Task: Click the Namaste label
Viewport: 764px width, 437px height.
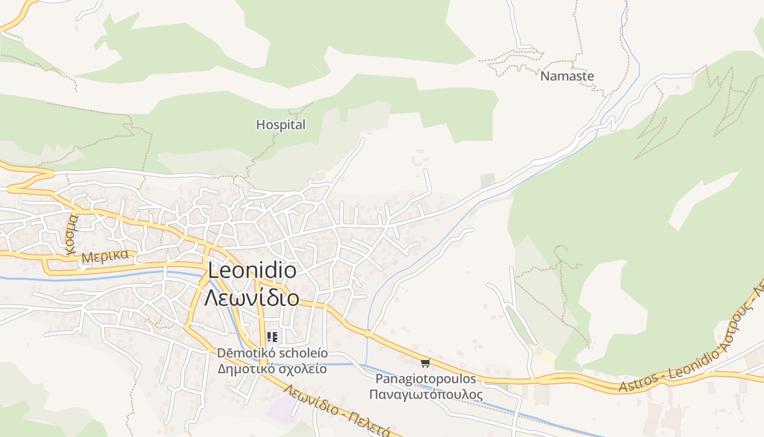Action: point(567,76)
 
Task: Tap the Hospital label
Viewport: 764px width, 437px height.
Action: point(280,125)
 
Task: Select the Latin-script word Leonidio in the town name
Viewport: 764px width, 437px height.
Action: point(252,271)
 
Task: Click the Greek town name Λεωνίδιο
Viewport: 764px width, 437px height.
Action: point(252,298)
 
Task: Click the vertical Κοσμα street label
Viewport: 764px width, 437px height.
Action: point(71,234)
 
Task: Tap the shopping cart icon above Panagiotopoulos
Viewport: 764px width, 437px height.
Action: point(426,363)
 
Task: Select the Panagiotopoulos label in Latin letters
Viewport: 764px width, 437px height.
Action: point(426,379)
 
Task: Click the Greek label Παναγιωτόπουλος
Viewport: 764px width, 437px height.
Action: point(426,394)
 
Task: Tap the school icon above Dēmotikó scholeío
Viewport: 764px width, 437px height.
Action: point(272,337)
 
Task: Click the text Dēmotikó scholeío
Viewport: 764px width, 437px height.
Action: point(272,353)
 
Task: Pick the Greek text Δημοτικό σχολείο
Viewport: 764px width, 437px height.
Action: point(272,369)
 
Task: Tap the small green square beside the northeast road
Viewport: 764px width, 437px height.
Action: point(487,180)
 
